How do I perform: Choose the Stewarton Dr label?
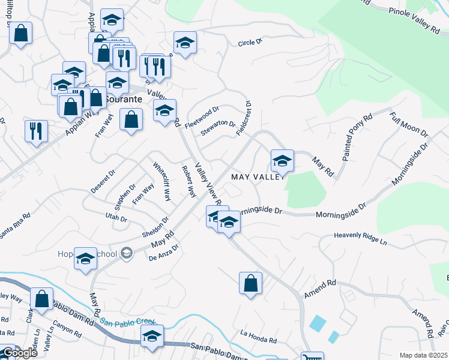(x=217, y=127)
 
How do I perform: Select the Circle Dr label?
(x=250, y=43)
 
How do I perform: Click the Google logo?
(x=19, y=353)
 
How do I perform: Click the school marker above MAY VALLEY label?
(x=282, y=161)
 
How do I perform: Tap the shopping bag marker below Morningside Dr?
(x=250, y=283)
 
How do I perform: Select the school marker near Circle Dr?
(x=185, y=43)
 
